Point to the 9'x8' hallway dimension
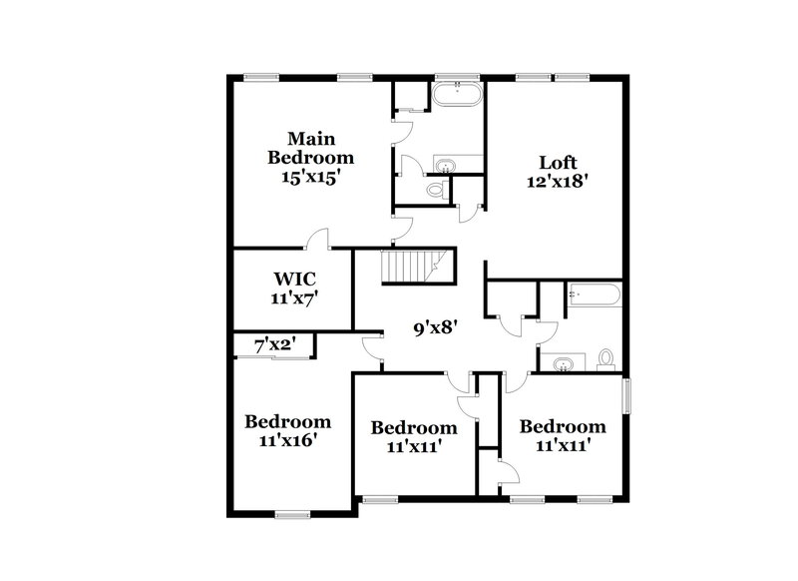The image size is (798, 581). point(434,326)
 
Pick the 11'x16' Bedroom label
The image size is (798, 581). point(287,430)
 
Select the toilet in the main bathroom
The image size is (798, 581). point(436,188)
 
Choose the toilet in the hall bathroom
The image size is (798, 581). point(604,360)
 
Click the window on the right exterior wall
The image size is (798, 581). point(627,394)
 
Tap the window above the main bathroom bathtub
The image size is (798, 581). point(458,77)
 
